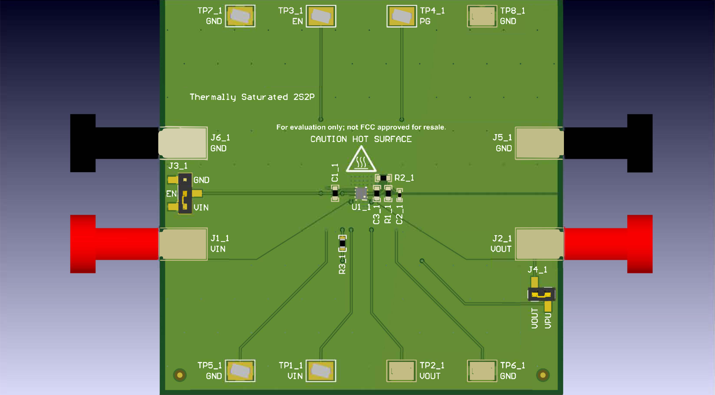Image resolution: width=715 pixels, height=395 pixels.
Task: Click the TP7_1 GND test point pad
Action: (x=240, y=16)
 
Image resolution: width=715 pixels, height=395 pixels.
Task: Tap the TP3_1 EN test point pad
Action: (x=321, y=16)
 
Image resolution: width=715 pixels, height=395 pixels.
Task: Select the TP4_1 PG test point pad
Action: (x=402, y=16)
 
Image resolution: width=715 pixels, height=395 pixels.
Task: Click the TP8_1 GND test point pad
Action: (x=482, y=16)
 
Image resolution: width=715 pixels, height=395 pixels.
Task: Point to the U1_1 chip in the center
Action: (x=361, y=193)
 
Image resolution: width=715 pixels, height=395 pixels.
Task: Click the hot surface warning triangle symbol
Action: (x=361, y=161)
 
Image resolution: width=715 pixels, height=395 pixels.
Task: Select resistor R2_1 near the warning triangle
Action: (x=383, y=178)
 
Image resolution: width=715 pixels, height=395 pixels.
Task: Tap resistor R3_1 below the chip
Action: (x=342, y=243)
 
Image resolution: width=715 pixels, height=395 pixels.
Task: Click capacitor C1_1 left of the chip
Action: (x=335, y=193)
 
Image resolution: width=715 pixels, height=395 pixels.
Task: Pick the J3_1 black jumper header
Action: (x=185, y=193)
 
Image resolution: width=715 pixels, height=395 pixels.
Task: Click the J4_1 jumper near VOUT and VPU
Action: (x=541, y=294)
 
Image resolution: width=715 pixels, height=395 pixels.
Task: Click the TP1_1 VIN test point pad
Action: (x=321, y=371)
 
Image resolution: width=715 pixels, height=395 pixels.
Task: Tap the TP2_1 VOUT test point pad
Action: (x=401, y=371)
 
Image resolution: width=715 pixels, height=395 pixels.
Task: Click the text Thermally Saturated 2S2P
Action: (x=252, y=97)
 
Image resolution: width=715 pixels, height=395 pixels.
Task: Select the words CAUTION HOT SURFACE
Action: (x=361, y=139)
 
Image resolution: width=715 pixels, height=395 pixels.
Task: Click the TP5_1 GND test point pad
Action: (x=240, y=371)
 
